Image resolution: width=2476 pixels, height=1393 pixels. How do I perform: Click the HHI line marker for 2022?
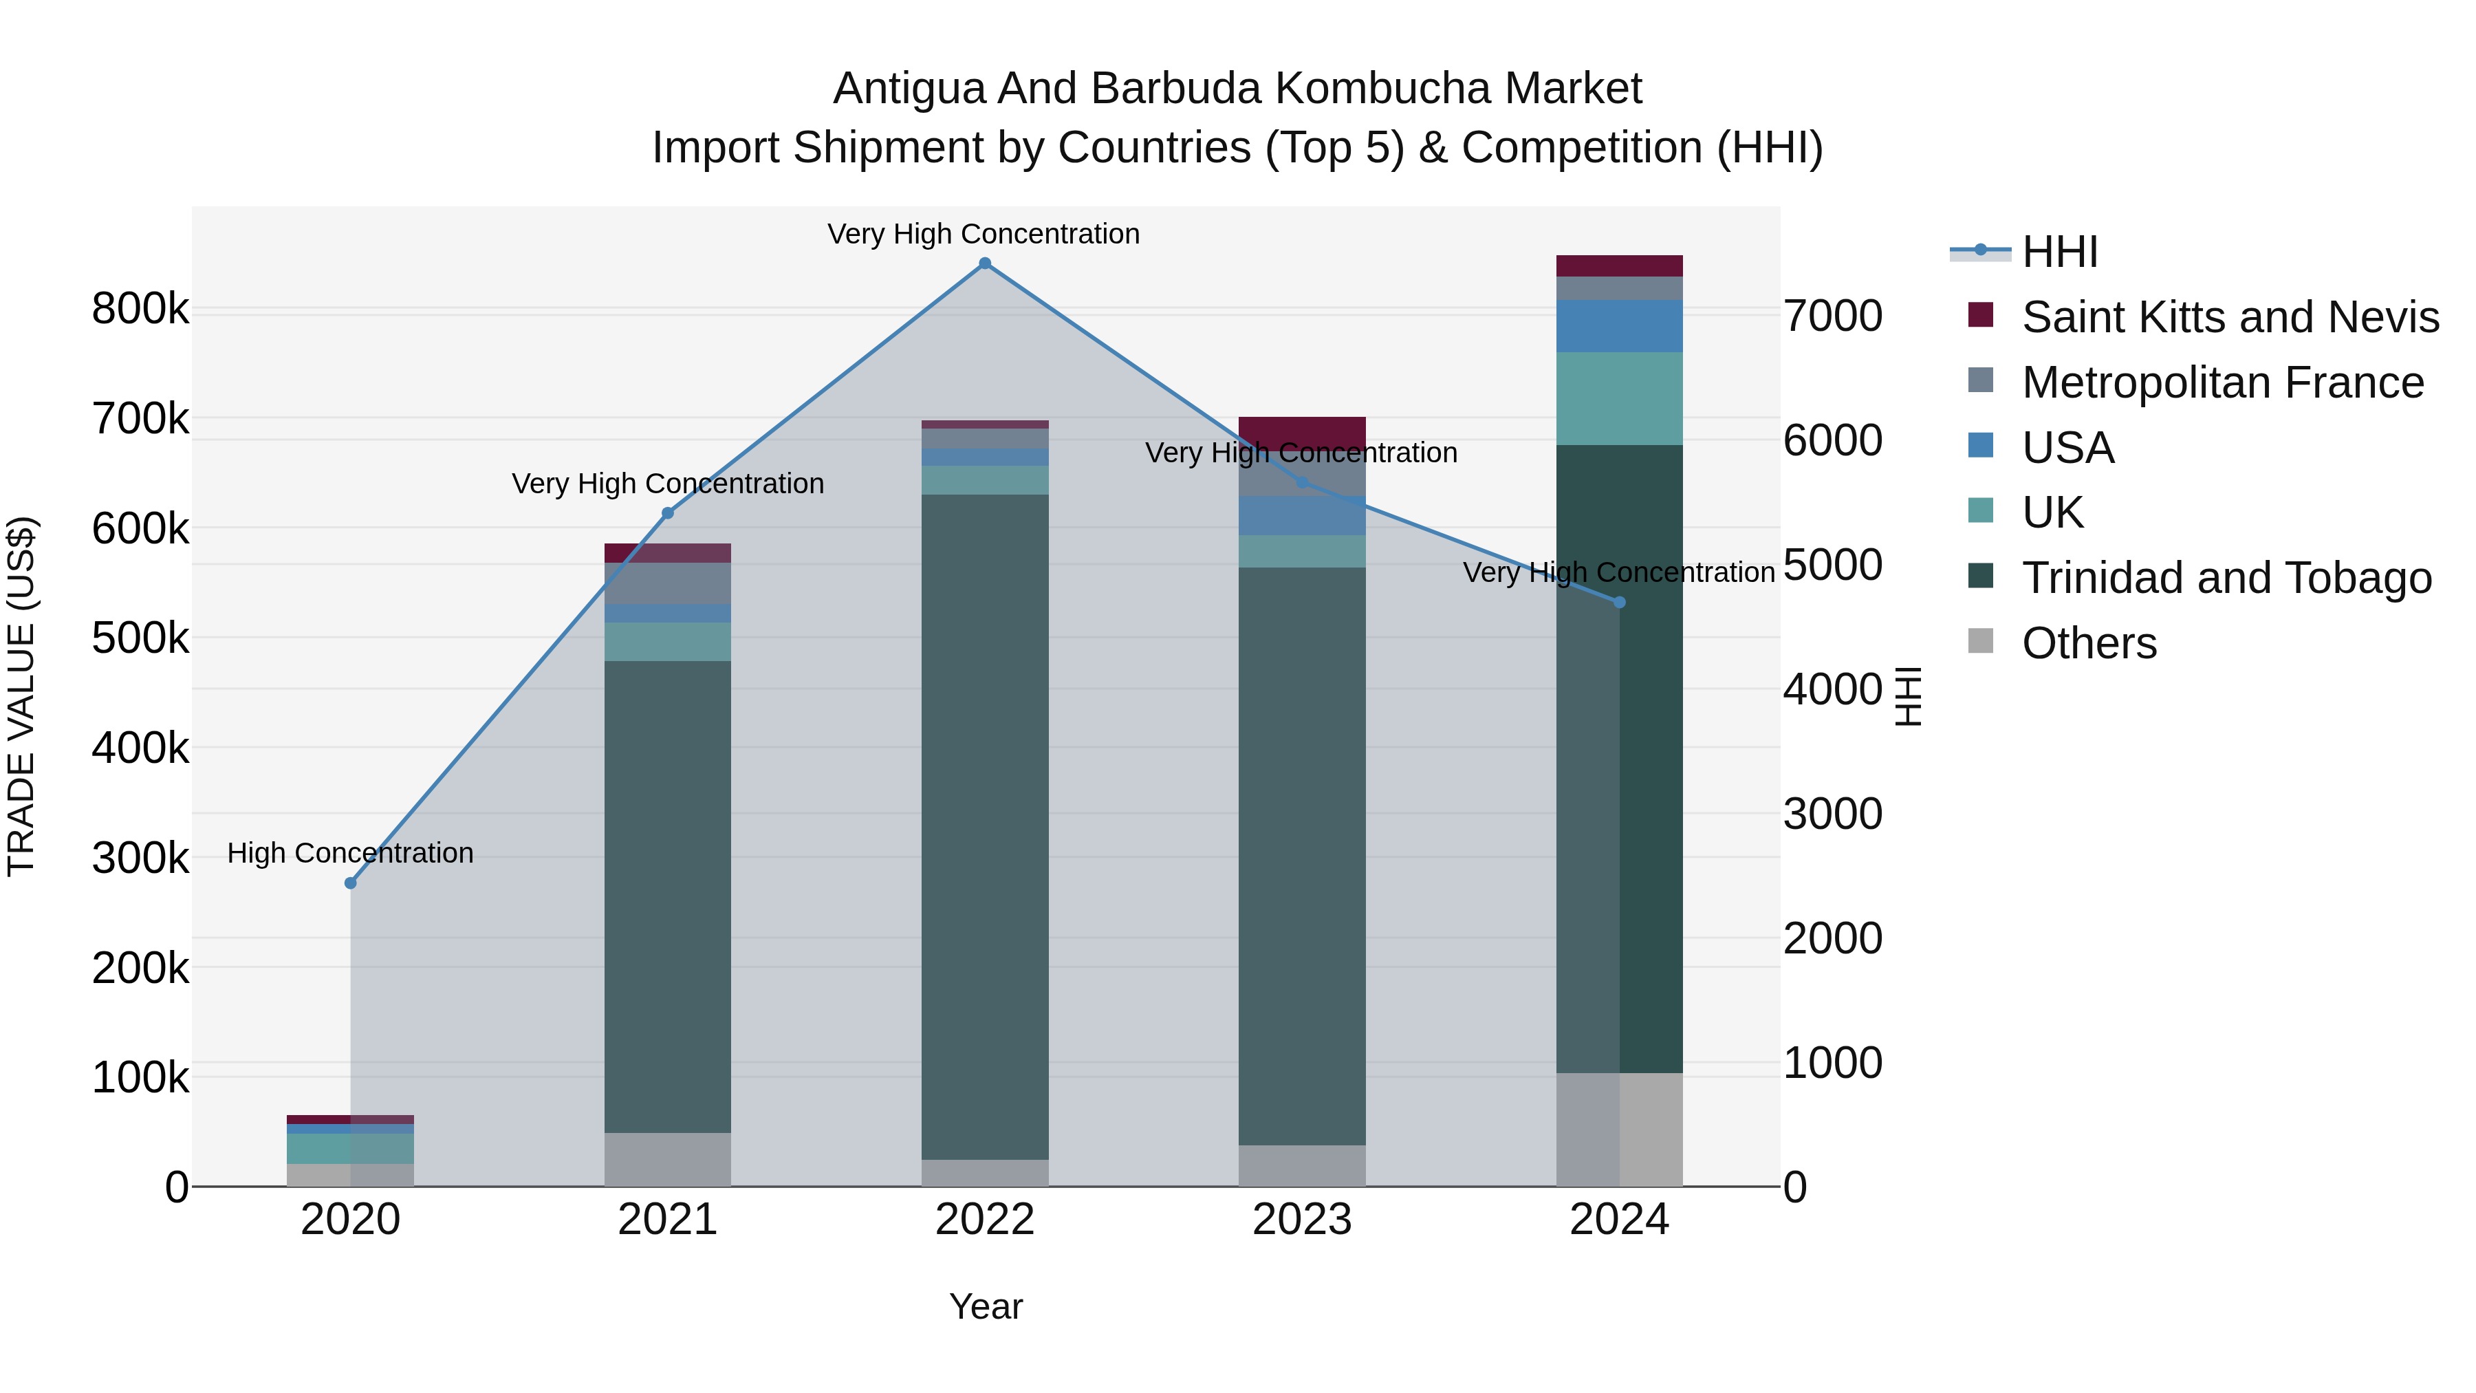(x=984, y=263)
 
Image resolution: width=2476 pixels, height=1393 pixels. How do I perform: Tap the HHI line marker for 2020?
(x=351, y=883)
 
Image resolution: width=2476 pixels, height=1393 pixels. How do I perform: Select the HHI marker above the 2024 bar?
(x=1620, y=603)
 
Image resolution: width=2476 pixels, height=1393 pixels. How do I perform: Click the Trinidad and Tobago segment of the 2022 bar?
(x=984, y=827)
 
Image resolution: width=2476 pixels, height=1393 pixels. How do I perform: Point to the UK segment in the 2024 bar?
(x=1620, y=398)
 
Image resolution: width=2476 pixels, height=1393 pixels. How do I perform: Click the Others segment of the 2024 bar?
(x=1620, y=1130)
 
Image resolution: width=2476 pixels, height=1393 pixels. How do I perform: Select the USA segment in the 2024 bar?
(x=1620, y=326)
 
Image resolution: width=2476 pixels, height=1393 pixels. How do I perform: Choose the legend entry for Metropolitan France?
(x=2222, y=382)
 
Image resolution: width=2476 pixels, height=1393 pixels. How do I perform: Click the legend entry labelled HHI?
(x=2059, y=252)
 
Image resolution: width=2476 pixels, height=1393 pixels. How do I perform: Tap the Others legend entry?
(x=2089, y=643)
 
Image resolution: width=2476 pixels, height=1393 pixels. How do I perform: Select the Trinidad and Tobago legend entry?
(x=2226, y=578)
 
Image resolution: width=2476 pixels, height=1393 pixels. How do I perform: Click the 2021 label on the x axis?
(x=667, y=1220)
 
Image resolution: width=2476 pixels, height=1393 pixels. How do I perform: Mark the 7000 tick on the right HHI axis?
(x=1832, y=316)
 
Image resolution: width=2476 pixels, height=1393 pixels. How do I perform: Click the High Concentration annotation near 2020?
(x=351, y=853)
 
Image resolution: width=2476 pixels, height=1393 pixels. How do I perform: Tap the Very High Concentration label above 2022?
(x=984, y=234)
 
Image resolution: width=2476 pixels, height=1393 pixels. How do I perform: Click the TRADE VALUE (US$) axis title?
(x=21, y=696)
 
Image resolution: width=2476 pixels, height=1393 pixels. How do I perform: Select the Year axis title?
(x=985, y=1306)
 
